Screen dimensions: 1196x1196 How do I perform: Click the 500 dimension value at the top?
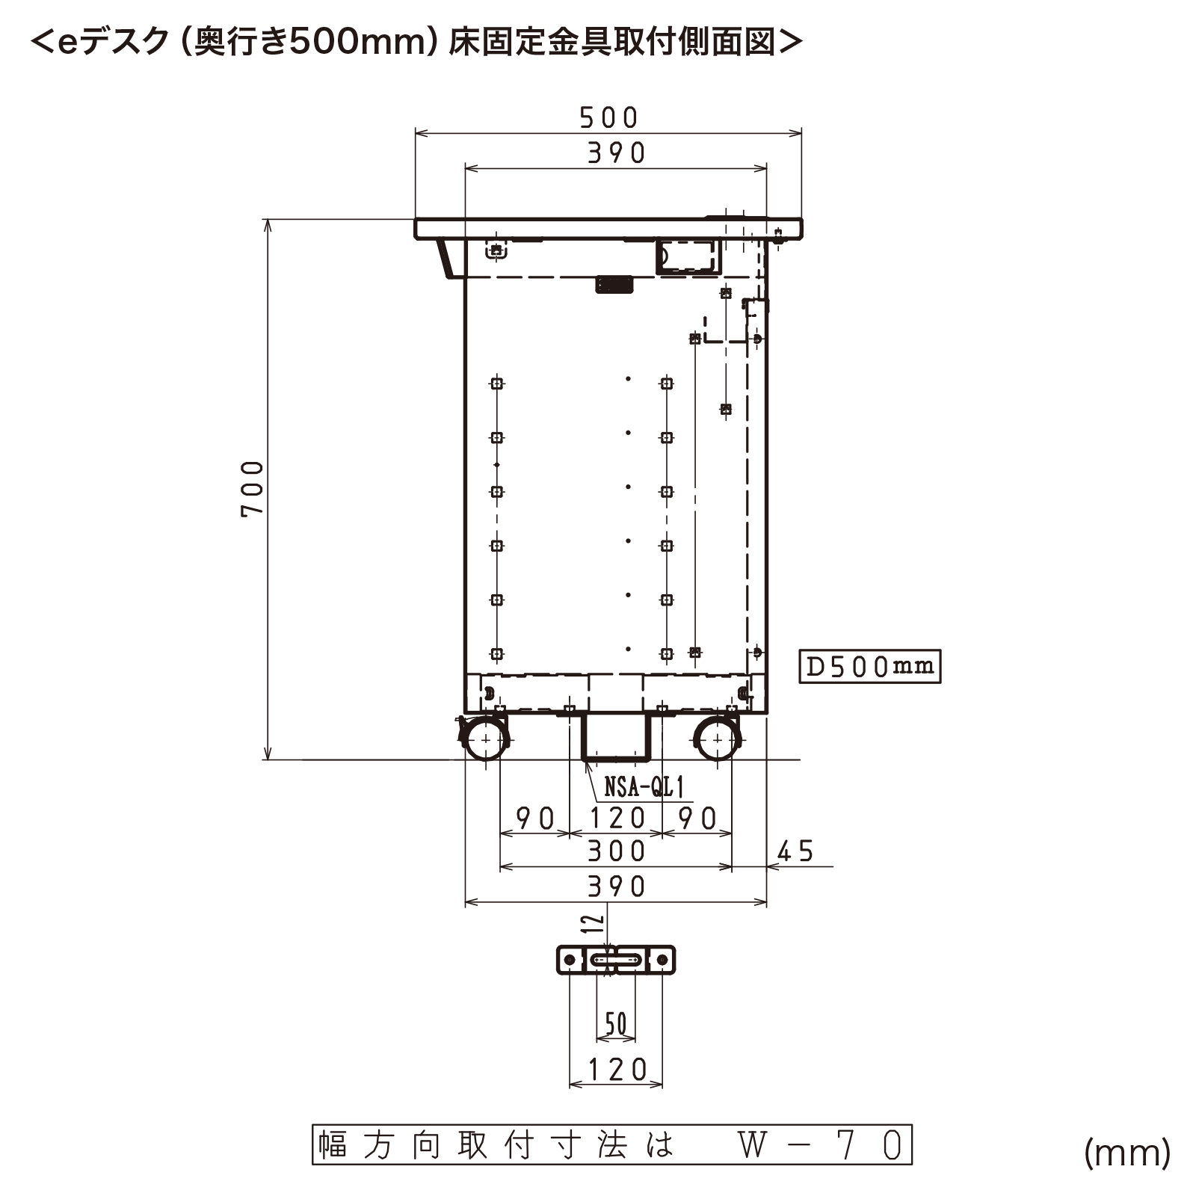[x=608, y=117]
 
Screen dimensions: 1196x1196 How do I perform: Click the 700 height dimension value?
[x=253, y=488]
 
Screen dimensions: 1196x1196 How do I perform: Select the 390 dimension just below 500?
[x=616, y=152]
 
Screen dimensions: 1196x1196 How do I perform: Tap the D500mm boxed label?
[x=870, y=666]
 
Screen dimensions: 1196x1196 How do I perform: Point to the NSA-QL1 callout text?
[x=644, y=786]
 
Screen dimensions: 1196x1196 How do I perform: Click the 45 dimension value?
[x=795, y=851]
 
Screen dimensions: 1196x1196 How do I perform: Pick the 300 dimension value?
[x=616, y=851]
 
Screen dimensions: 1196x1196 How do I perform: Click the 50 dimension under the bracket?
[x=616, y=1023]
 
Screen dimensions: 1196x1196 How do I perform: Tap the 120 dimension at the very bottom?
[x=617, y=1070]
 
